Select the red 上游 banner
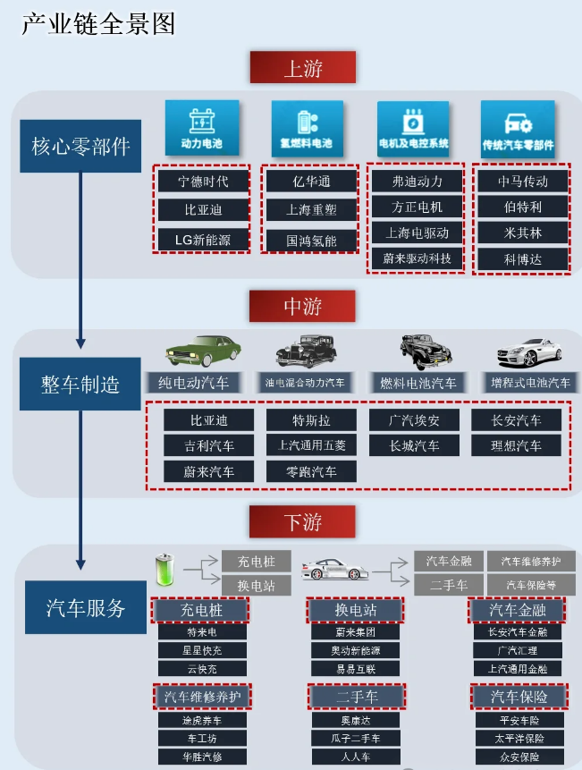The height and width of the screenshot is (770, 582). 302,68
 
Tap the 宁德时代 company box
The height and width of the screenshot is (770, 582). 202,181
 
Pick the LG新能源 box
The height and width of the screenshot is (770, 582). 202,240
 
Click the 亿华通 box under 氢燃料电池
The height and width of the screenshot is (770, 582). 310,181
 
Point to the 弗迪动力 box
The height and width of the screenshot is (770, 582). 417,181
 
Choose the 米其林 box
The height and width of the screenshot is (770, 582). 522,233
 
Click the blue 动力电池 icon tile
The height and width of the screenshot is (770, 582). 202,127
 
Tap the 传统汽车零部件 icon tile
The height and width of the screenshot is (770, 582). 518,129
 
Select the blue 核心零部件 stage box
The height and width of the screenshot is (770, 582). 80,147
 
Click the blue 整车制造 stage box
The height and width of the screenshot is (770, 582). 80,384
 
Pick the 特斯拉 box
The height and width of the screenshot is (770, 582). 311,420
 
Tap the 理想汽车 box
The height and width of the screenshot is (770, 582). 516,445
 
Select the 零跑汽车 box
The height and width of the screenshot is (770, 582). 311,471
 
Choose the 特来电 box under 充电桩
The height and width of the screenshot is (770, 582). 202,632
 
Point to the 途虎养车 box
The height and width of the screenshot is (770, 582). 203,720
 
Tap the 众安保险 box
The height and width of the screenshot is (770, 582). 519,757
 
